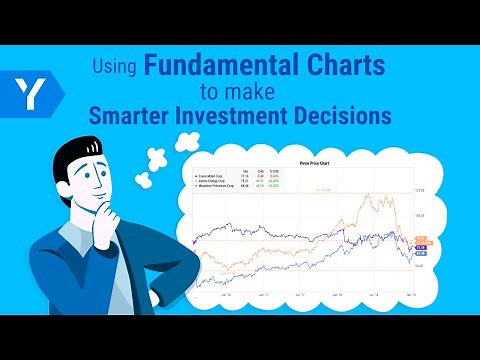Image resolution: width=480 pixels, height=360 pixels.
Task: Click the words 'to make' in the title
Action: click(x=238, y=92)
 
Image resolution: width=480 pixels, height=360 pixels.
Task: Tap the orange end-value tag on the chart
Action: click(x=421, y=239)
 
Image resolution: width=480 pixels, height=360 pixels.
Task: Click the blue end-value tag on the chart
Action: click(x=421, y=251)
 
